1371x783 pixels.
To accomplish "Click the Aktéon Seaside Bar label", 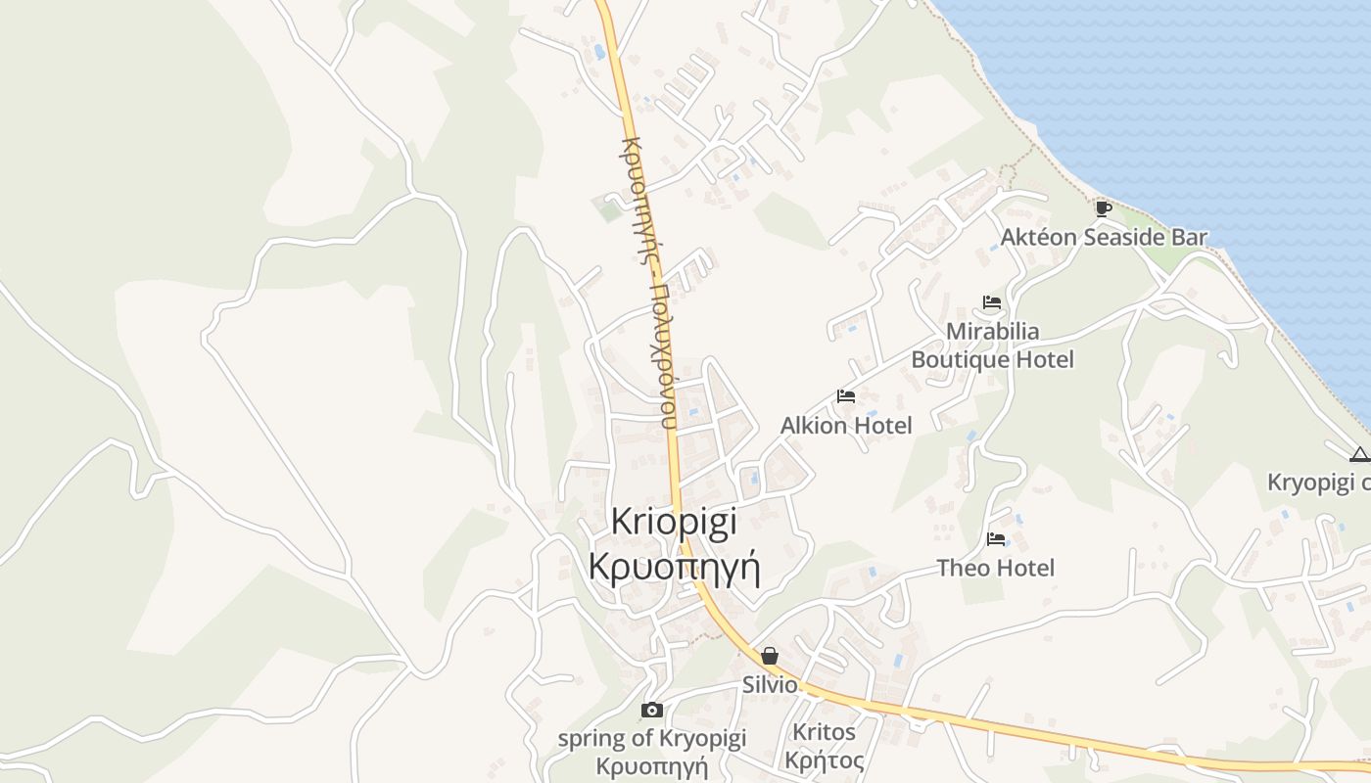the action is coord(1104,237).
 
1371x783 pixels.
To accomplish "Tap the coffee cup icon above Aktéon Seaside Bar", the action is coord(1104,207).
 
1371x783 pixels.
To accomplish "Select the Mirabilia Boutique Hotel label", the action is coord(992,345).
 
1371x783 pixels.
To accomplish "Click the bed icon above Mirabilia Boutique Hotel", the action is coord(992,302).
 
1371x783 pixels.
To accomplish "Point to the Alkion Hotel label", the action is coord(846,426).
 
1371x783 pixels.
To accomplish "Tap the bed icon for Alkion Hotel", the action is coord(846,396).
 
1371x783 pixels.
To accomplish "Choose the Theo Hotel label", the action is coord(996,568).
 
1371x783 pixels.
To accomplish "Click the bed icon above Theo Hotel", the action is coord(996,538).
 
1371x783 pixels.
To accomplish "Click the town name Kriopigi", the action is coord(674,522).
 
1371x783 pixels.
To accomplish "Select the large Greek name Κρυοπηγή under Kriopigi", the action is coord(674,567).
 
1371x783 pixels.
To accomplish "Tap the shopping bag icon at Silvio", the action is coord(770,656).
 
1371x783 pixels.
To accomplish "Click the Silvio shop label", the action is coord(770,685).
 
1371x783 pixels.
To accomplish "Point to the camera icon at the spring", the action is coord(651,710).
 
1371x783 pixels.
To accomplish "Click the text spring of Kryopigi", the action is coord(651,739).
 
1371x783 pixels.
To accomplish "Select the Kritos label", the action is coord(824,732).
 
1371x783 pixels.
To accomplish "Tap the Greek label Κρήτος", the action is coord(824,760).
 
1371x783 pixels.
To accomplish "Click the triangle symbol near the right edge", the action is coord(1359,454).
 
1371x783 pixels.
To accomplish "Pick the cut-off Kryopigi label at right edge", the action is coord(1318,483).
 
